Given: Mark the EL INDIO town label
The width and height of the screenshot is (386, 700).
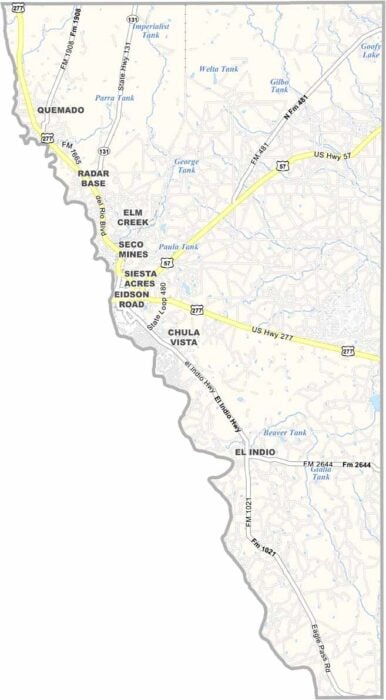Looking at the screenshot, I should point(254,453).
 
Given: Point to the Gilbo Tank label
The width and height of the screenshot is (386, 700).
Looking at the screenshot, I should point(279,86).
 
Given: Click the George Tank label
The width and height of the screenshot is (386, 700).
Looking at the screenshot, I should point(187,165).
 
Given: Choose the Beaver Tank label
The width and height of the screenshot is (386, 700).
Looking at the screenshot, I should point(284,432).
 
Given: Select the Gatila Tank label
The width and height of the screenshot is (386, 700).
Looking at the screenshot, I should point(319,475).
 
